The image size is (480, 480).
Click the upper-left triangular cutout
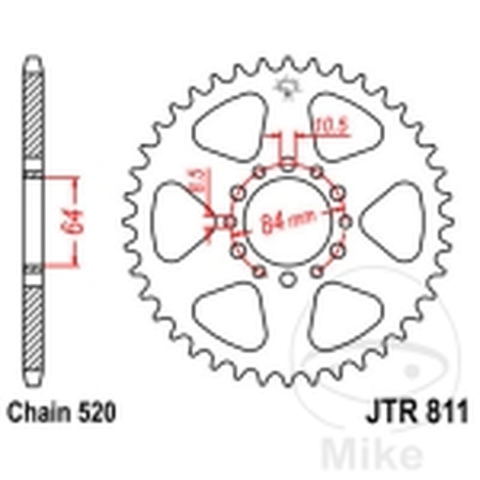(x=231, y=126)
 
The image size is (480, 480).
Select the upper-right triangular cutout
(x=343, y=126)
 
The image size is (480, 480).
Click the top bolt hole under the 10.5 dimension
(x=288, y=163)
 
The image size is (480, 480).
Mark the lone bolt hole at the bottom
(x=288, y=280)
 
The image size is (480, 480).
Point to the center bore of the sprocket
(x=288, y=221)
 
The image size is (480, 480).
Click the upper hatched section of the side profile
(x=34, y=114)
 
